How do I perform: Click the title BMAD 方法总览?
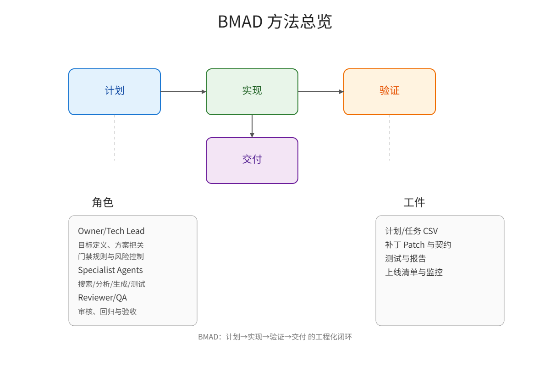point(275,22)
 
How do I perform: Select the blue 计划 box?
point(115,91)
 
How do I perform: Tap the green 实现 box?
point(252,91)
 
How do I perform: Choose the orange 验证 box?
point(390,91)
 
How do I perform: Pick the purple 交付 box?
point(252,160)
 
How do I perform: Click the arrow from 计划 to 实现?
point(183,92)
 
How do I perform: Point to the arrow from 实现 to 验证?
point(320,92)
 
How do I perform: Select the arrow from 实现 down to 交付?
point(252,126)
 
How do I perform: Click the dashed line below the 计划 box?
point(115,138)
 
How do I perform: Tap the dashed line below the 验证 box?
point(390,138)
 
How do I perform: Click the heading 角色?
point(103,202)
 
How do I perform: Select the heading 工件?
point(414,202)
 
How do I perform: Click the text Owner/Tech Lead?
point(111,231)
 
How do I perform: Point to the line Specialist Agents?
point(110,270)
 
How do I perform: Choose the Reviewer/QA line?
point(102,298)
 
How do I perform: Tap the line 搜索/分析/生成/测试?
point(111,284)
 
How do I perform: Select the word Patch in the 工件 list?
point(414,245)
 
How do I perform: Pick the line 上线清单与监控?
point(414,272)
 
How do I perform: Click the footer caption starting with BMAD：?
point(275,337)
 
